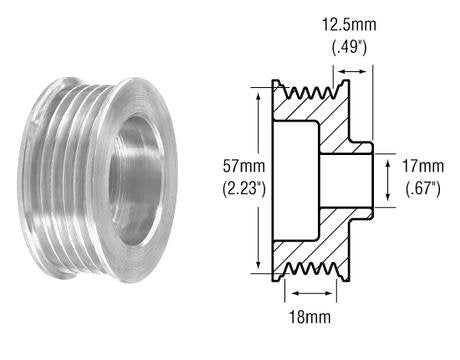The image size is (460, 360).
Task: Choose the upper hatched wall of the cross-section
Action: click(320, 120)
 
